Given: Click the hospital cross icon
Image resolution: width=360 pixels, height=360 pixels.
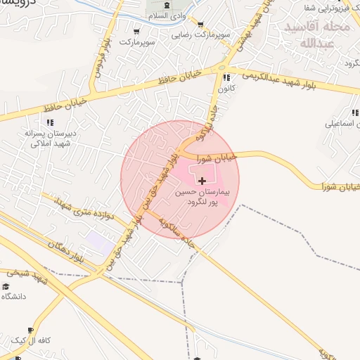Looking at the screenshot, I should coord(203,181).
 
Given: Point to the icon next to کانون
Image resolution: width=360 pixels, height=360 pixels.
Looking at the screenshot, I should coord(226,77).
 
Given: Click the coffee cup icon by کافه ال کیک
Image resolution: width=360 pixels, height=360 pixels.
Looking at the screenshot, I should coord(30,330).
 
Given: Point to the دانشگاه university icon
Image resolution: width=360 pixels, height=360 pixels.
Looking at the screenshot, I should coord(6,285).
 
